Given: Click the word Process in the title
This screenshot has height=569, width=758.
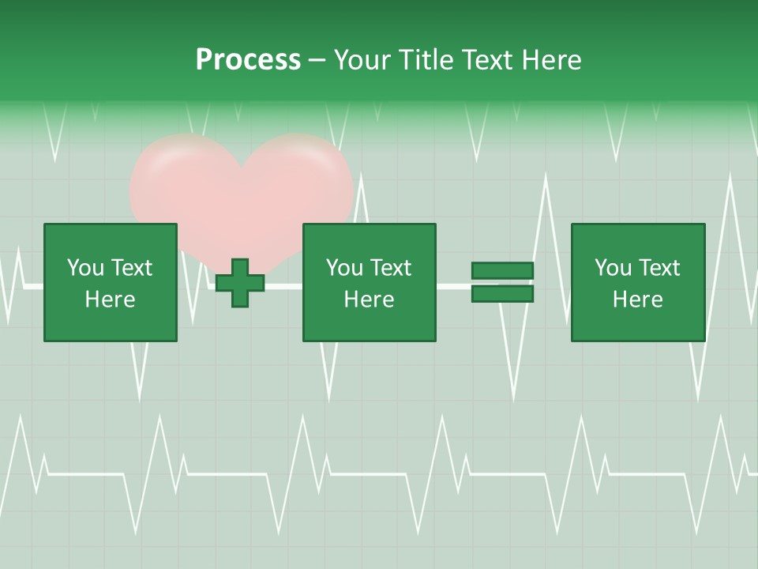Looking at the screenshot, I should [248, 60].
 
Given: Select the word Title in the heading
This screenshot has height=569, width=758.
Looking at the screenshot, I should [425, 60].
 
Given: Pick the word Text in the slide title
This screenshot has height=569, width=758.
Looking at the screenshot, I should [486, 60].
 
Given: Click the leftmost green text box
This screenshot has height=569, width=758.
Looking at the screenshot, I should [110, 282].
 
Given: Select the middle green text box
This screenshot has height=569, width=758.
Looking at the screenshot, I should [369, 282].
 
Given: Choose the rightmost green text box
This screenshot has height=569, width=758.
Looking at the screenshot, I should [637, 282].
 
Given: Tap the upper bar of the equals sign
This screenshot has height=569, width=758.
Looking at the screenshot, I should [502, 271].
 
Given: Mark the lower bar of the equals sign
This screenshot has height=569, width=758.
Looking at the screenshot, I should [502, 294].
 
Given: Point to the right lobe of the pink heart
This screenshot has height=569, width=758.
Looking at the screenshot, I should [304, 178].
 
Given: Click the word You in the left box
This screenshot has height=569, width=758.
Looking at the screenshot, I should [85, 268].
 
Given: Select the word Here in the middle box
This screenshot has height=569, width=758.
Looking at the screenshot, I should [369, 300].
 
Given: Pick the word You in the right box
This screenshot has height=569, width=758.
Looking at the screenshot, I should [613, 268].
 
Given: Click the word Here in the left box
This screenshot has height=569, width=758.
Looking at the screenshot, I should [110, 300].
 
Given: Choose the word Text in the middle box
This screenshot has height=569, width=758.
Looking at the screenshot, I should [393, 268].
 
